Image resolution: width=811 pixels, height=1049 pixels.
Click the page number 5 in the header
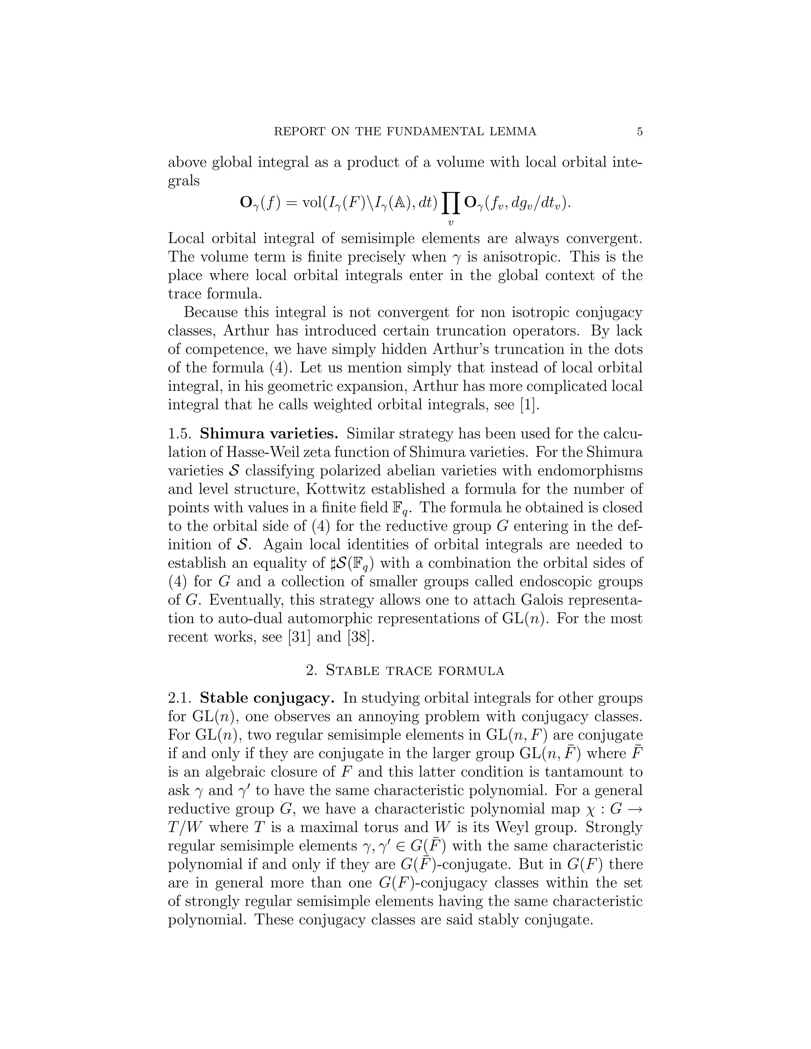[640, 131]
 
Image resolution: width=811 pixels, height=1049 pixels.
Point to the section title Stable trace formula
[415, 670]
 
